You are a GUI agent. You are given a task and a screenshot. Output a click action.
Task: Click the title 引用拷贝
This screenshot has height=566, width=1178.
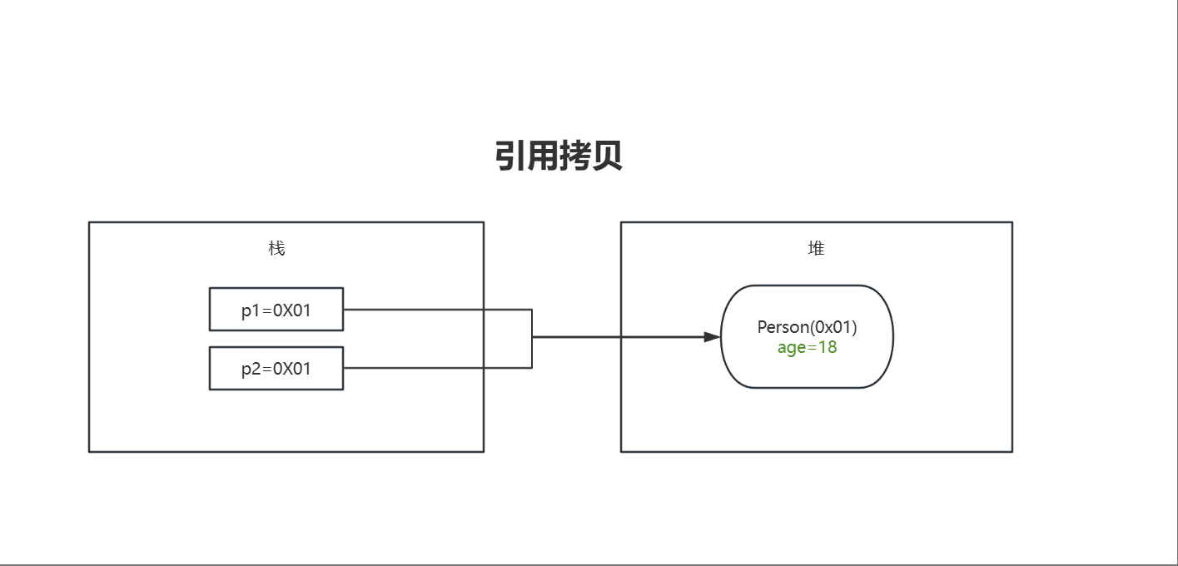pyautogui.click(x=559, y=156)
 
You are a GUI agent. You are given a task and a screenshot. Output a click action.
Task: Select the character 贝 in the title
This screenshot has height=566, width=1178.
pyautogui.click(x=607, y=156)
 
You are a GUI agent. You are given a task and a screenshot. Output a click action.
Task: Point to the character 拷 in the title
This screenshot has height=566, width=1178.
pyautogui.click(x=575, y=156)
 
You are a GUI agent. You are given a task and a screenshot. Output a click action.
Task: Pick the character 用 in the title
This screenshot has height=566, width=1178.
pyautogui.click(x=543, y=156)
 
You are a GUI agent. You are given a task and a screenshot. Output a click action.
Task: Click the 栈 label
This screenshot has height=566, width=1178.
pyautogui.click(x=276, y=248)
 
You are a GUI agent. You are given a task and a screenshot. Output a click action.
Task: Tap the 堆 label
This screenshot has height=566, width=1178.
pyautogui.click(x=816, y=248)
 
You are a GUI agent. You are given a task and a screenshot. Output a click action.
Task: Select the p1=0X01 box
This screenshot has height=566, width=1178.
pyautogui.click(x=276, y=309)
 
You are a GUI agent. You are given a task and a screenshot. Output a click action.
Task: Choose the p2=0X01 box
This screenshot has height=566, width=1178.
pyautogui.click(x=276, y=368)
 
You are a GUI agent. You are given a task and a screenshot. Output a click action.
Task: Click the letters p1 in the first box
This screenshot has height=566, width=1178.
pyautogui.click(x=251, y=310)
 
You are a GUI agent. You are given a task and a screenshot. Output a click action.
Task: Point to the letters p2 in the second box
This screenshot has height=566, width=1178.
pyautogui.click(x=251, y=370)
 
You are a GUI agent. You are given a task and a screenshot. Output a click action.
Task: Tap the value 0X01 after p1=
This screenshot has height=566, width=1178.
pyautogui.click(x=291, y=310)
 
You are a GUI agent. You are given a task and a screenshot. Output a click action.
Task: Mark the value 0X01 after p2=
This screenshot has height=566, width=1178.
pyautogui.click(x=291, y=370)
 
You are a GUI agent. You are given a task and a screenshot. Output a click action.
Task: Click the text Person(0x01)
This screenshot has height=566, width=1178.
pyautogui.click(x=807, y=327)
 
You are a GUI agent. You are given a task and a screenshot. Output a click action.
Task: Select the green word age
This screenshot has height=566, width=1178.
pyautogui.click(x=791, y=348)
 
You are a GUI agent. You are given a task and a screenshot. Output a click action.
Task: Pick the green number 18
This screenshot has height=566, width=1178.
pyautogui.click(x=828, y=347)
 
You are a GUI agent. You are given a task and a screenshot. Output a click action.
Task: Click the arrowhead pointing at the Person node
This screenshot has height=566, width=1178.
pyautogui.click(x=712, y=337)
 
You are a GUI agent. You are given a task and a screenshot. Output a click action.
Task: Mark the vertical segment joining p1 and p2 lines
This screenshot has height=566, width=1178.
pyautogui.click(x=532, y=325)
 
